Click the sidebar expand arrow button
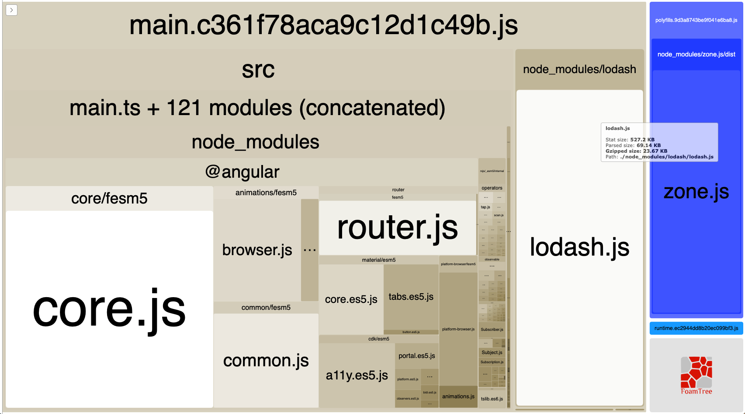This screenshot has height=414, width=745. coord(11,10)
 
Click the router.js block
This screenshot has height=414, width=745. coord(397,228)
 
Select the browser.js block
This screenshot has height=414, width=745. coord(257,250)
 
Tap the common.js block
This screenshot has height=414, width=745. coord(266,361)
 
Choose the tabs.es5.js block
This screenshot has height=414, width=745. coord(411,297)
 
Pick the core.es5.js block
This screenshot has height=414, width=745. coord(351,299)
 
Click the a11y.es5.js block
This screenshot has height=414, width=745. coord(357,375)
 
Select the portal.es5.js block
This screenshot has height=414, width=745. coord(416,356)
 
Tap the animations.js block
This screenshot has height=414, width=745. coord(458,396)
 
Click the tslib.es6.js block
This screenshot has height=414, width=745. coord(492,399)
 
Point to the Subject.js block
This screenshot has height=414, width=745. coord(492,352)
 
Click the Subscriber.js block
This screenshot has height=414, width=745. coord(492,330)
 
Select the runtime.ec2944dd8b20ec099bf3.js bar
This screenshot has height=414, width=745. coord(696,328)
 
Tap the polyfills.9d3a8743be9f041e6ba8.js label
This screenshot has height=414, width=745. coord(696,20)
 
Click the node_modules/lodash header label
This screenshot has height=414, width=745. coord(579,70)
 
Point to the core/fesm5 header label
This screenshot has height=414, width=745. coord(109,199)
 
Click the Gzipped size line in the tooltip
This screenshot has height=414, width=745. coord(636,151)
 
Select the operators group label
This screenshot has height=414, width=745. coord(492,188)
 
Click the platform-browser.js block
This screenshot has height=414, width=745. coord(458,329)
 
